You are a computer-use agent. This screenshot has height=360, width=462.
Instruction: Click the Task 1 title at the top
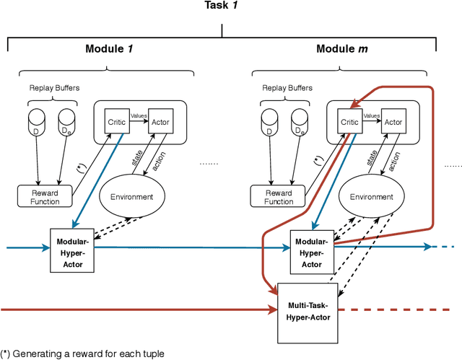pyautogui.click(x=221, y=6)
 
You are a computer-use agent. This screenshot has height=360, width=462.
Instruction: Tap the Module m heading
pyautogui.click(x=342, y=49)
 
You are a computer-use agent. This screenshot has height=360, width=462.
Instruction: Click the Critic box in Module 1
pyautogui.click(x=116, y=122)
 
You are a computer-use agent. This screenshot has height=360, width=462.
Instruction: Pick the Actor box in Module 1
pyautogui.click(x=159, y=122)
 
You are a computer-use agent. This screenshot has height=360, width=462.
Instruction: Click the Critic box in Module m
pyautogui.click(x=350, y=122)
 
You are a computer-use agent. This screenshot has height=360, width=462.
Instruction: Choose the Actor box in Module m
pyautogui.click(x=393, y=122)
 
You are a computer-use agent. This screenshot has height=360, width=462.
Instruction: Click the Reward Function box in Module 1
pyautogui.click(x=45, y=197)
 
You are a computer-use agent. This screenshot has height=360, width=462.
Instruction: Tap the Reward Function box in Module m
pyautogui.click(x=279, y=197)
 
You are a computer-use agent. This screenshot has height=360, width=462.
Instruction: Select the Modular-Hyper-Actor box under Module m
pyautogui.click(x=312, y=249)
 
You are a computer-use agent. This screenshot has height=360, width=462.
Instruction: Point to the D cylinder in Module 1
pyautogui.click(x=36, y=123)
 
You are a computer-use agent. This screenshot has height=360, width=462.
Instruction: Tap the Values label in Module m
pyautogui.click(x=372, y=115)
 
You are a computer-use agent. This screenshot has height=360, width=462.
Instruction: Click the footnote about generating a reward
pyautogui.click(x=83, y=354)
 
